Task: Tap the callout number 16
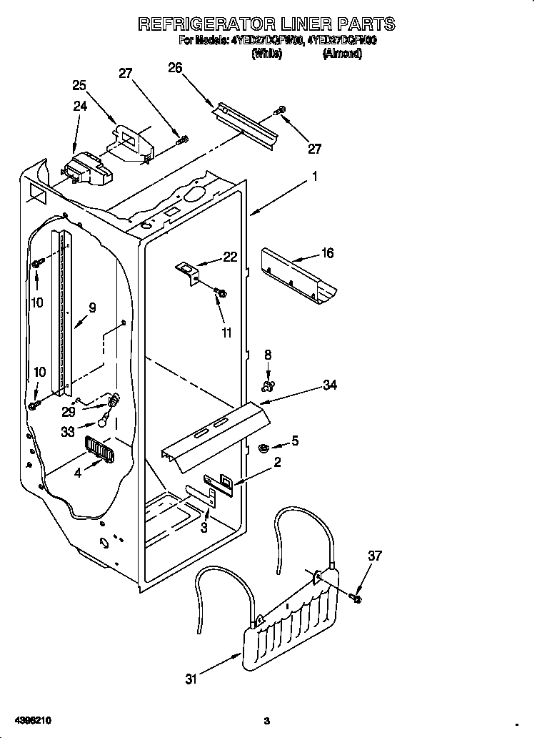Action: pos(328,253)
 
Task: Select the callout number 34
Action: pos(329,385)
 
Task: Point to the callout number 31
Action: pos(191,679)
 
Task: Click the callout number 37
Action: pos(375,555)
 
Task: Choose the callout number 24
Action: pos(80,107)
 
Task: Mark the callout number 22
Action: pos(230,257)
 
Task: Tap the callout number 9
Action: pos(92,308)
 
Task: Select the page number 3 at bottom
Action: pos(266,721)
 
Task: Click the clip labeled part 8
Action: pos(268,386)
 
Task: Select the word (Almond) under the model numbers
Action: pos(342,54)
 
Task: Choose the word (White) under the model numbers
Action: pos(267,54)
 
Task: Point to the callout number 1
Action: pos(314,176)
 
